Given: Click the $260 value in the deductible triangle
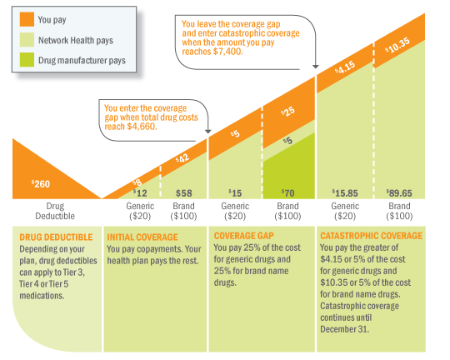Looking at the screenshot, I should [41, 184].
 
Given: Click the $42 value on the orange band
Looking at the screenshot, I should [183, 158].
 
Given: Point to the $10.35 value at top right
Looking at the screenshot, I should [397, 47].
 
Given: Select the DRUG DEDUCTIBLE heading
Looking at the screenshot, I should [53, 237].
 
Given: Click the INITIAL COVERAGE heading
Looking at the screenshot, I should [142, 237].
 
